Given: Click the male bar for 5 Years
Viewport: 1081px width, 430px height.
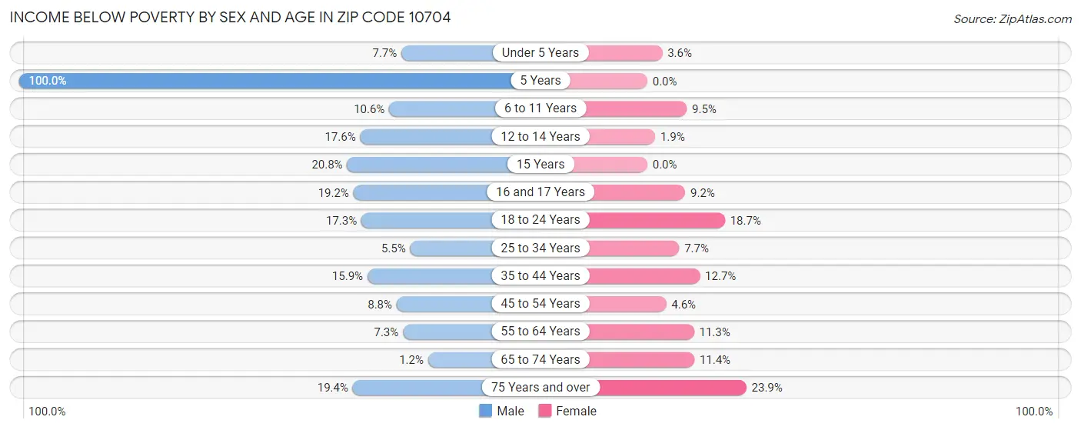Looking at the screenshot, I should click(x=265, y=81).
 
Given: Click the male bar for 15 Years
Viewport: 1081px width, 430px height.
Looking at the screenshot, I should click(x=427, y=165).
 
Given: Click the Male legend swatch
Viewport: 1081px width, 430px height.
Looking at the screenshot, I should click(x=486, y=411).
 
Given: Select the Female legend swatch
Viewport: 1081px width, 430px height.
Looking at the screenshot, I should click(x=545, y=411).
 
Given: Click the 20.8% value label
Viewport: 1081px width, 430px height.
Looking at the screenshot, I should click(x=324, y=165).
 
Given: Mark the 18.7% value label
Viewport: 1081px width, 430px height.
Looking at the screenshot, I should click(x=746, y=221).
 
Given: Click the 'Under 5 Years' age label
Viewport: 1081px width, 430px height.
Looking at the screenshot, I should click(x=540, y=53).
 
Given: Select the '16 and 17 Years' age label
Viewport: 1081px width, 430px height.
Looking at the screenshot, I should click(x=540, y=192).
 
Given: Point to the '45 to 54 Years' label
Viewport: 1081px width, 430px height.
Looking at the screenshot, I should click(x=540, y=304).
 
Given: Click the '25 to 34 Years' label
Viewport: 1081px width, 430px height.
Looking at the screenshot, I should click(x=540, y=248).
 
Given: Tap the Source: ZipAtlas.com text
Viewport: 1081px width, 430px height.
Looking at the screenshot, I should click(x=1012, y=18).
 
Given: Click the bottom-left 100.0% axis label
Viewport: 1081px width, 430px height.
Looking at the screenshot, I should click(x=48, y=412).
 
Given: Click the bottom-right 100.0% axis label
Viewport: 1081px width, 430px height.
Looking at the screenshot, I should click(x=1034, y=412).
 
